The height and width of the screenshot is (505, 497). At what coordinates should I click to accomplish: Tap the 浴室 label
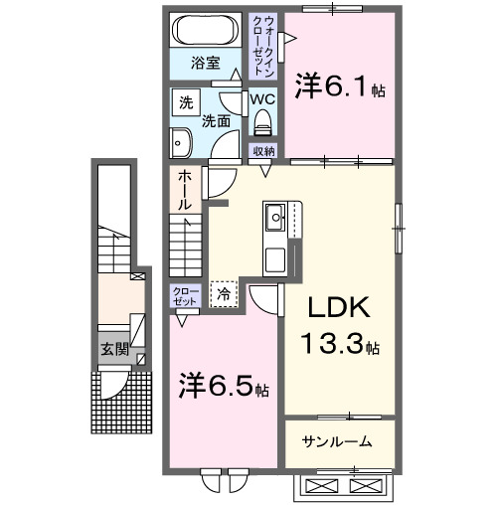click(207, 70)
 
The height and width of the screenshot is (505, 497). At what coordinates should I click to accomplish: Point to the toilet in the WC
click(262, 123)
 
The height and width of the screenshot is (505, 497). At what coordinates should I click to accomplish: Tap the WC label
click(261, 99)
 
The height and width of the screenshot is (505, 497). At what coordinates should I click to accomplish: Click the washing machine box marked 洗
click(186, 101)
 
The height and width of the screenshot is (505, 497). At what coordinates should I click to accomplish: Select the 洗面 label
click(217, 120)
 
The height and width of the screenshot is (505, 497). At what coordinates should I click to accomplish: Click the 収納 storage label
click(262, 150)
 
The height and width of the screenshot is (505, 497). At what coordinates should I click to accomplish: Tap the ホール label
click(185, 188)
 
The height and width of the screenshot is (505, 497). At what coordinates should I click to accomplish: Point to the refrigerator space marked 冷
click(225, 294)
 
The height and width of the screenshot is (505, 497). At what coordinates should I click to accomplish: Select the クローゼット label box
click(185, 296)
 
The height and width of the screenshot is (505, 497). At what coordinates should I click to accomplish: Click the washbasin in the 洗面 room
click(181, 143)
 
